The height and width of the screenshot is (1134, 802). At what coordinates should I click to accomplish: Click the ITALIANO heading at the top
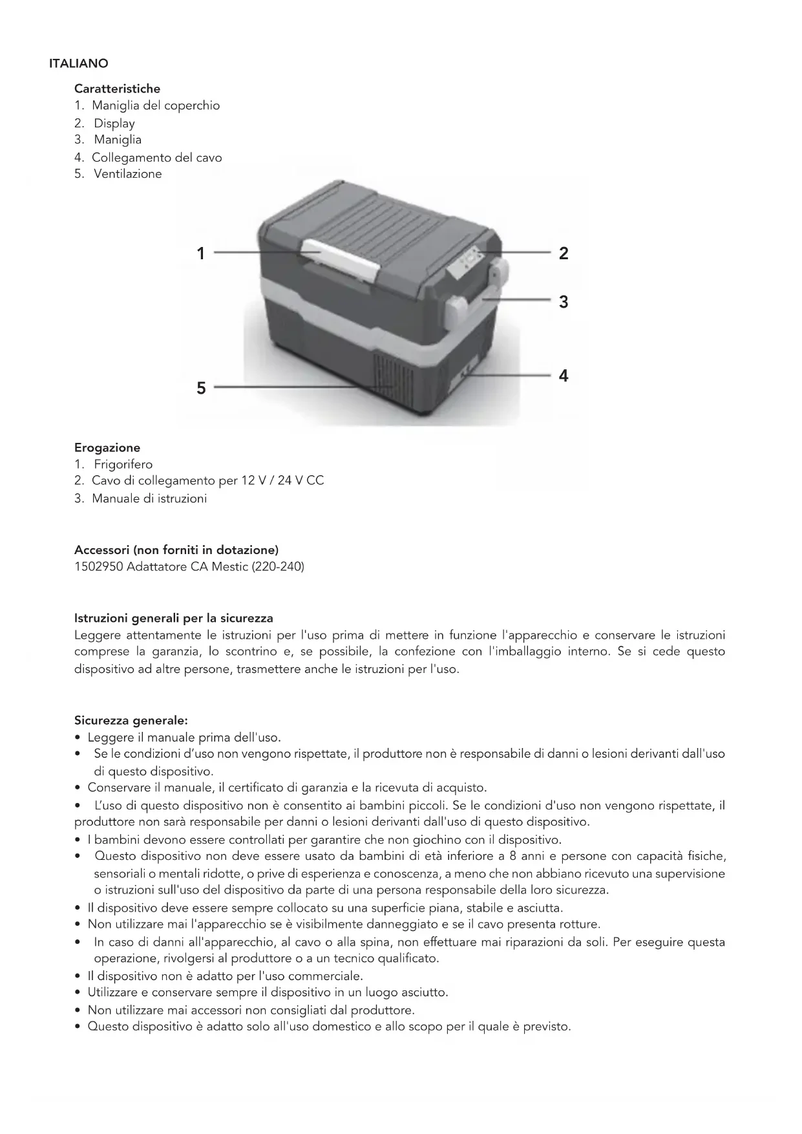(x=78, y=63)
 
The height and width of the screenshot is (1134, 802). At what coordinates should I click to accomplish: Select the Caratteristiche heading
(x=117, y=89)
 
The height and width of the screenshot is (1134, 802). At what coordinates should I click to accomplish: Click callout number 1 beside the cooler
(x=201, y=253)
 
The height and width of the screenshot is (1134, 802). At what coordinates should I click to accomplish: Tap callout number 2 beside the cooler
(x=564, y=253)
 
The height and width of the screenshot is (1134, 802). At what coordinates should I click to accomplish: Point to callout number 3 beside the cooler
(x=564, y=302)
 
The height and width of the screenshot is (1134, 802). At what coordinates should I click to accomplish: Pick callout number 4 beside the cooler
(x=564, y=376)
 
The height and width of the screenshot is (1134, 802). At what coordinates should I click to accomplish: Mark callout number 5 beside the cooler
(x=201, y=388)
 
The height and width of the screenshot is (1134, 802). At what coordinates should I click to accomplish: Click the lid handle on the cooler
(x=341, y=259)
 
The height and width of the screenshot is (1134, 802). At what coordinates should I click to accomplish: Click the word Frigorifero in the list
(x=123, y=464)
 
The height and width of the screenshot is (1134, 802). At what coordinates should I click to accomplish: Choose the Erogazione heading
(x=107, y=447)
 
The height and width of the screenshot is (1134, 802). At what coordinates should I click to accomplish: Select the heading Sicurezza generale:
(x=131, y=720)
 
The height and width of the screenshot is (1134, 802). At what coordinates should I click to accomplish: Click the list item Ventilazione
(x=127, y=174)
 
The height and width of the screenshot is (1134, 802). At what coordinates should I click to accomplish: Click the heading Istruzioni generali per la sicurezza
(x=174, y=618)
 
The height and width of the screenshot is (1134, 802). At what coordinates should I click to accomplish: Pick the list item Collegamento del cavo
(x=156, y=158)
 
